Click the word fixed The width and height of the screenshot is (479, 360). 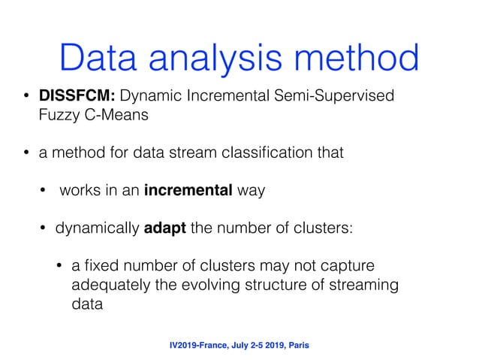[x=98, y=265]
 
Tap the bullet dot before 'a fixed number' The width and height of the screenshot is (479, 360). [x=59, y=266]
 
